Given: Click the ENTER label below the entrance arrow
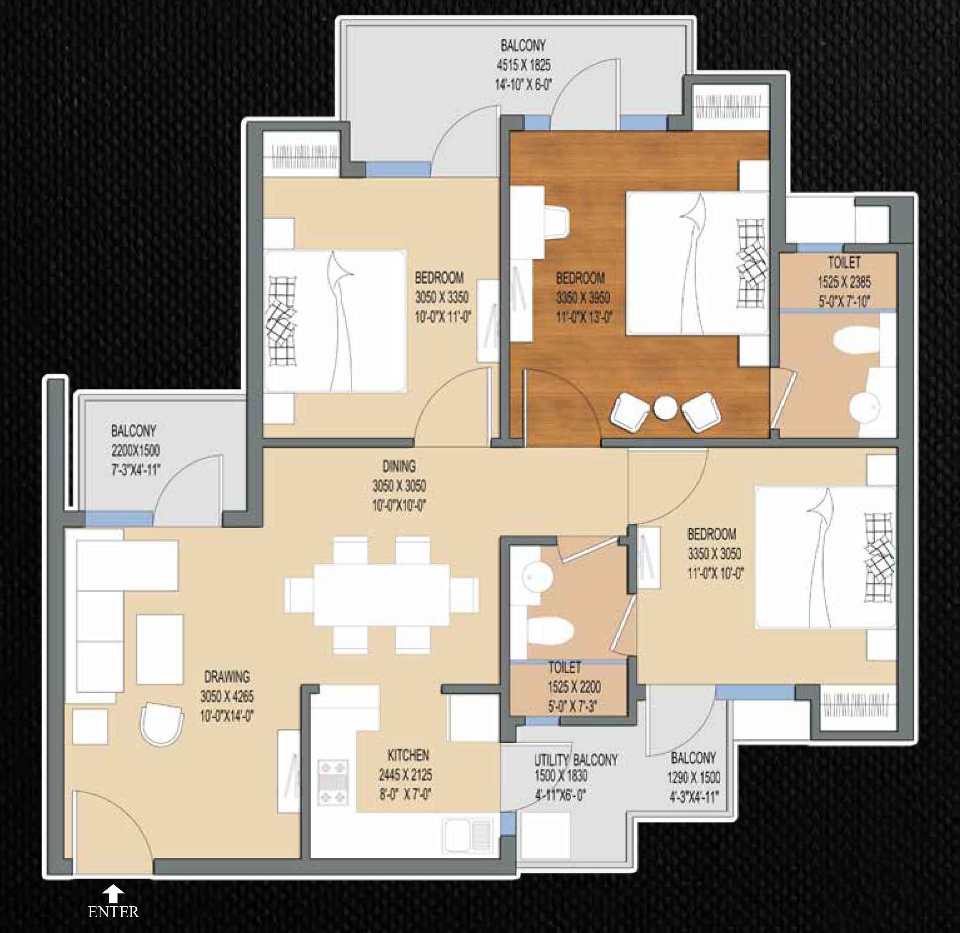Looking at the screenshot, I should click(x=113, y=912).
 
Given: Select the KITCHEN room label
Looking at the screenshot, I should click(x=408, y=755).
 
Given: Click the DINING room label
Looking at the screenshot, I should click(x=399, y=466).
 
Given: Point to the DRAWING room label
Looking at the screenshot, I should click(x=226, y=677).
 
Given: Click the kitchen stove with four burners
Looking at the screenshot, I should click(x=333, y=782).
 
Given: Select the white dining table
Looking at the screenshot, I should click(x=382, y=595).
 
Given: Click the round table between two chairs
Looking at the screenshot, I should click(x=665, y=408).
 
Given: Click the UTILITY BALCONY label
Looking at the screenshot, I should click(x=576, y=760).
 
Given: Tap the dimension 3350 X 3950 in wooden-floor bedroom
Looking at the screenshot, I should click(x=582, y=297).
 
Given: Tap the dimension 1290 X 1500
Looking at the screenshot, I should click(x=693, y=777).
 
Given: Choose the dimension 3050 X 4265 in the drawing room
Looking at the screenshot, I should click(x=226, y=696).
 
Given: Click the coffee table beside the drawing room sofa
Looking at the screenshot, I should click(x=160, y=650).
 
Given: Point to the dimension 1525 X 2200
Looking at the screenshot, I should click(x=574, y=687).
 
